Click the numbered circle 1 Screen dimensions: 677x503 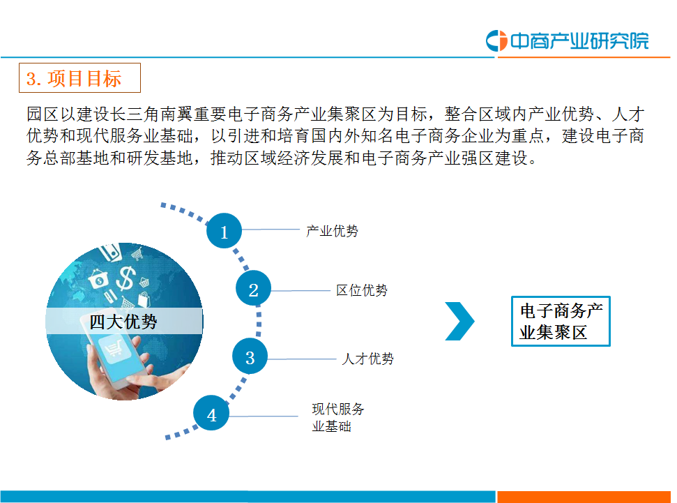point(224,231)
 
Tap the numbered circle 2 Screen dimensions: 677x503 point(254,288)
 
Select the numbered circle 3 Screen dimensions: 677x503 point(250,356)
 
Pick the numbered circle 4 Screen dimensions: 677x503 point(211,413)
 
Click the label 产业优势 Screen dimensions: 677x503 point(332,231)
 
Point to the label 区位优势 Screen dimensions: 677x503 point(362,290)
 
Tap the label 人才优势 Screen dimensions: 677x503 point(368,359)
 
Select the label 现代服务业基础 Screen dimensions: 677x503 point(338,417)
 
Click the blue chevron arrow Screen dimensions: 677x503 point(460,321)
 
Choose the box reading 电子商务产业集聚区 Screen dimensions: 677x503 point(561,321)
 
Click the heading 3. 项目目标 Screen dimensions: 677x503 point(80,77)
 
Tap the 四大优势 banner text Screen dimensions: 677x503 point(123,322)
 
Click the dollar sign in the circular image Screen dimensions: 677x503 point(126,278)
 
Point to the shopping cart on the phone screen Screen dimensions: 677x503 point(114,347)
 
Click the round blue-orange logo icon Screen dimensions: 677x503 point(496,40)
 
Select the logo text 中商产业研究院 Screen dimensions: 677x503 point(579,40)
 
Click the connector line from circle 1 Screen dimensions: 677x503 point(271,230)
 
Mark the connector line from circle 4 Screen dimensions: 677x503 point(264,416)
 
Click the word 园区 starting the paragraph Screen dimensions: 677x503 point(43,114)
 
